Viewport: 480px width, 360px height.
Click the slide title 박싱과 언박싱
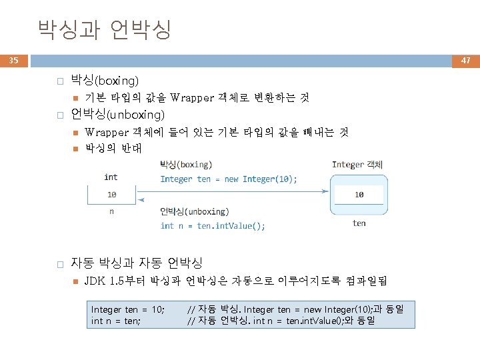(x=105, y=29)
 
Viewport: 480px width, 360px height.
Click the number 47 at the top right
(x=465, y=61)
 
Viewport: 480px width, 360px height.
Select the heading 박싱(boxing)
(x=105, y=81)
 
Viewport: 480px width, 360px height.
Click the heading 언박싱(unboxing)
(x=117, y=114)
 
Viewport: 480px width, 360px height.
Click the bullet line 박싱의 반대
(x=113, y=148)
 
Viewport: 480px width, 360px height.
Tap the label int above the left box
(x=111, y=177)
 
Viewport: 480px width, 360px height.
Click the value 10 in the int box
(x=111, y=195)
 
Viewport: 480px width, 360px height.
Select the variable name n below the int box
(x=111, y=212)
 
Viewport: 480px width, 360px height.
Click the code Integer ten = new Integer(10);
(x=229, y=179)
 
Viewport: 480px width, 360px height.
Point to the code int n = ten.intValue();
(x=213, y=225)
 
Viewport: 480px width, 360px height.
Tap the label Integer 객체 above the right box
(x=357, y=164)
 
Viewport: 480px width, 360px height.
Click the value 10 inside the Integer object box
(x=359, y=195)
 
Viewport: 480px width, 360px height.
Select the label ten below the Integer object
(x=359, y=223)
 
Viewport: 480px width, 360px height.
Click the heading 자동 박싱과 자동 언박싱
(x=136, y=263)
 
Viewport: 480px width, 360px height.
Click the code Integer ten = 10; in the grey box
(x=127, y=310)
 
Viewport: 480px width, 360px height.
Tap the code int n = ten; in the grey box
(x=115, y=321)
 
